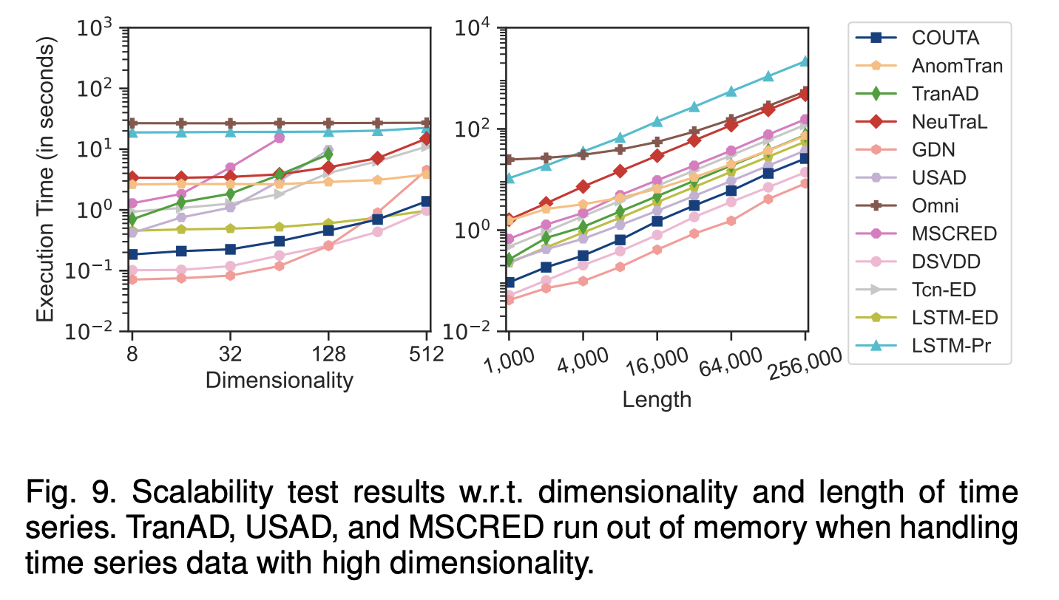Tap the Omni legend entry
[934, 205]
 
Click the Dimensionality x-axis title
[279, 381]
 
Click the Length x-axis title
[657, 400]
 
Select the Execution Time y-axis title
[46, 181]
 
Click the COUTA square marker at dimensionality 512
[427, 202]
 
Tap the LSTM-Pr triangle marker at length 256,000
[805, 61]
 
